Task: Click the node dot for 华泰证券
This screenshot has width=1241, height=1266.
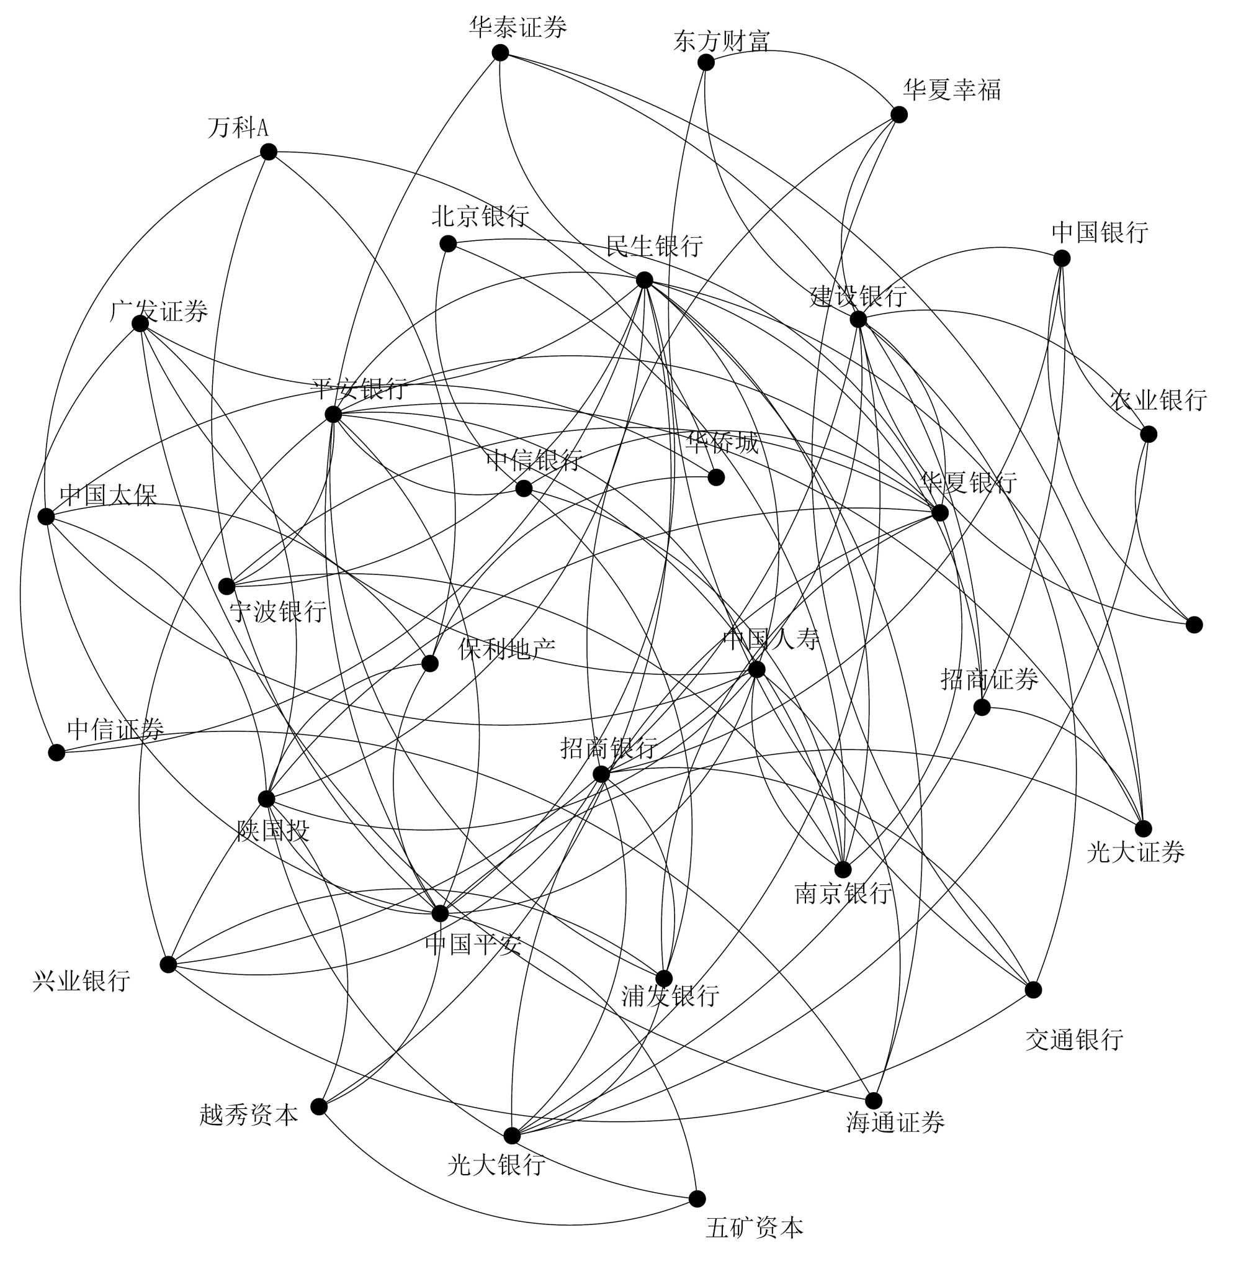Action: coord(500,53)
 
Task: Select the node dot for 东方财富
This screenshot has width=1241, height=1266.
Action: coord(706,63)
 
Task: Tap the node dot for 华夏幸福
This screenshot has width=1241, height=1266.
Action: coord(899,115)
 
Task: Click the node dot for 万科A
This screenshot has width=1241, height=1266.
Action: coord(269,152)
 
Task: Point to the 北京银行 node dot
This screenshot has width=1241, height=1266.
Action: coord(448,244)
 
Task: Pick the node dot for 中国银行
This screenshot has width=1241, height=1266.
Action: coord(1062,258)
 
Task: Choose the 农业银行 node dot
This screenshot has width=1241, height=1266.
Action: coord(1149,435)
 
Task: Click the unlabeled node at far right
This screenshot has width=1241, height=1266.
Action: coord(1194,625)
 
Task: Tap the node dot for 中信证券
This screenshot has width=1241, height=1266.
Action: coord(56,753)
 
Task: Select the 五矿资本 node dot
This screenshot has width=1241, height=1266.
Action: coord(697,1199)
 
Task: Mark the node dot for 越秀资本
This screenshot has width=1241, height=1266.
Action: coord(319,1107)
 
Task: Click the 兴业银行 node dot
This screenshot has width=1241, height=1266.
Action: coord(168,965)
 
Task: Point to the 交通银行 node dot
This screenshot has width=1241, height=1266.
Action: coord(1033,990)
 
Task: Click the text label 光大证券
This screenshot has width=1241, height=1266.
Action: coord(1135,852)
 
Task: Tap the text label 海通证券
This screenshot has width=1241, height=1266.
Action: coord(895,1122)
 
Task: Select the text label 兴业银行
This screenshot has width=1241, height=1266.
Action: coord(81,980)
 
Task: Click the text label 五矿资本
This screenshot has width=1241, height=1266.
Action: coord(754,1228)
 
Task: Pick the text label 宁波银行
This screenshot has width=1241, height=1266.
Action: coord(279,612)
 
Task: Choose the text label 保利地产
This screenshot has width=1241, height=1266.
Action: coord(506,648)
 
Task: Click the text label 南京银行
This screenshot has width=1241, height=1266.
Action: coord(843,893)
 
